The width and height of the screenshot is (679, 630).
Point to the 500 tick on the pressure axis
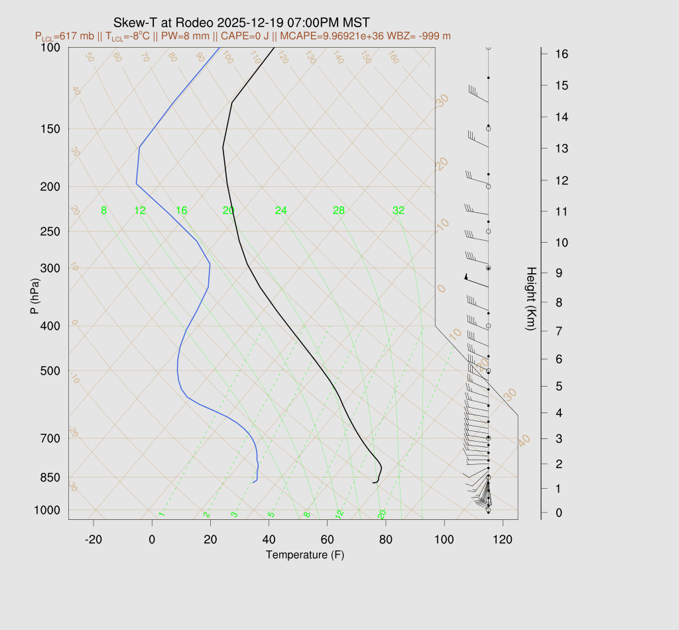pyautogui.click(x=50, y=371)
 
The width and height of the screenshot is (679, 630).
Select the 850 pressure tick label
pyautogui.click(x=50, y=477)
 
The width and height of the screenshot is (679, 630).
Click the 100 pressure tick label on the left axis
pyautogui.click(x=50, y=47)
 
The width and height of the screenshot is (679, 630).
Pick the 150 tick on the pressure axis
pyautogui.click(x=50, y=129)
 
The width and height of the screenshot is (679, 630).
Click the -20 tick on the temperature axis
pyautogui.click(x=93, y=540)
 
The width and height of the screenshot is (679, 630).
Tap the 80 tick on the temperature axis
pyautogui.click(x=385, y=540)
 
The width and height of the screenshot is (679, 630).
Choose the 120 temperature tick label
pyautogui.click(x=503, y=540)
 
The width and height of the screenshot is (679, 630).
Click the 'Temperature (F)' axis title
pyautogui.click(x=305, y=554)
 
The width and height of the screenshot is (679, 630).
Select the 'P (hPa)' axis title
pyautogui.click(x=35, y=296)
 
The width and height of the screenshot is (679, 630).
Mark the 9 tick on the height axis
pyautogui.click(x=554, y=272)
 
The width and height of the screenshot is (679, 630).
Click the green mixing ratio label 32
pyautogui.click(x=399, y=211)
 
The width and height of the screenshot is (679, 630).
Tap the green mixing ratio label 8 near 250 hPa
pyautogui.click(x=103, y=211)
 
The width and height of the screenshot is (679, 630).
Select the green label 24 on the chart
pyautogui.click(x=281, y=211)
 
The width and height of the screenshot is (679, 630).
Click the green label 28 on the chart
pyautogui.click(x=339, y=211)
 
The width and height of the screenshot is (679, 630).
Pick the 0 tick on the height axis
pyautogui.click(x=554, y=513)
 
